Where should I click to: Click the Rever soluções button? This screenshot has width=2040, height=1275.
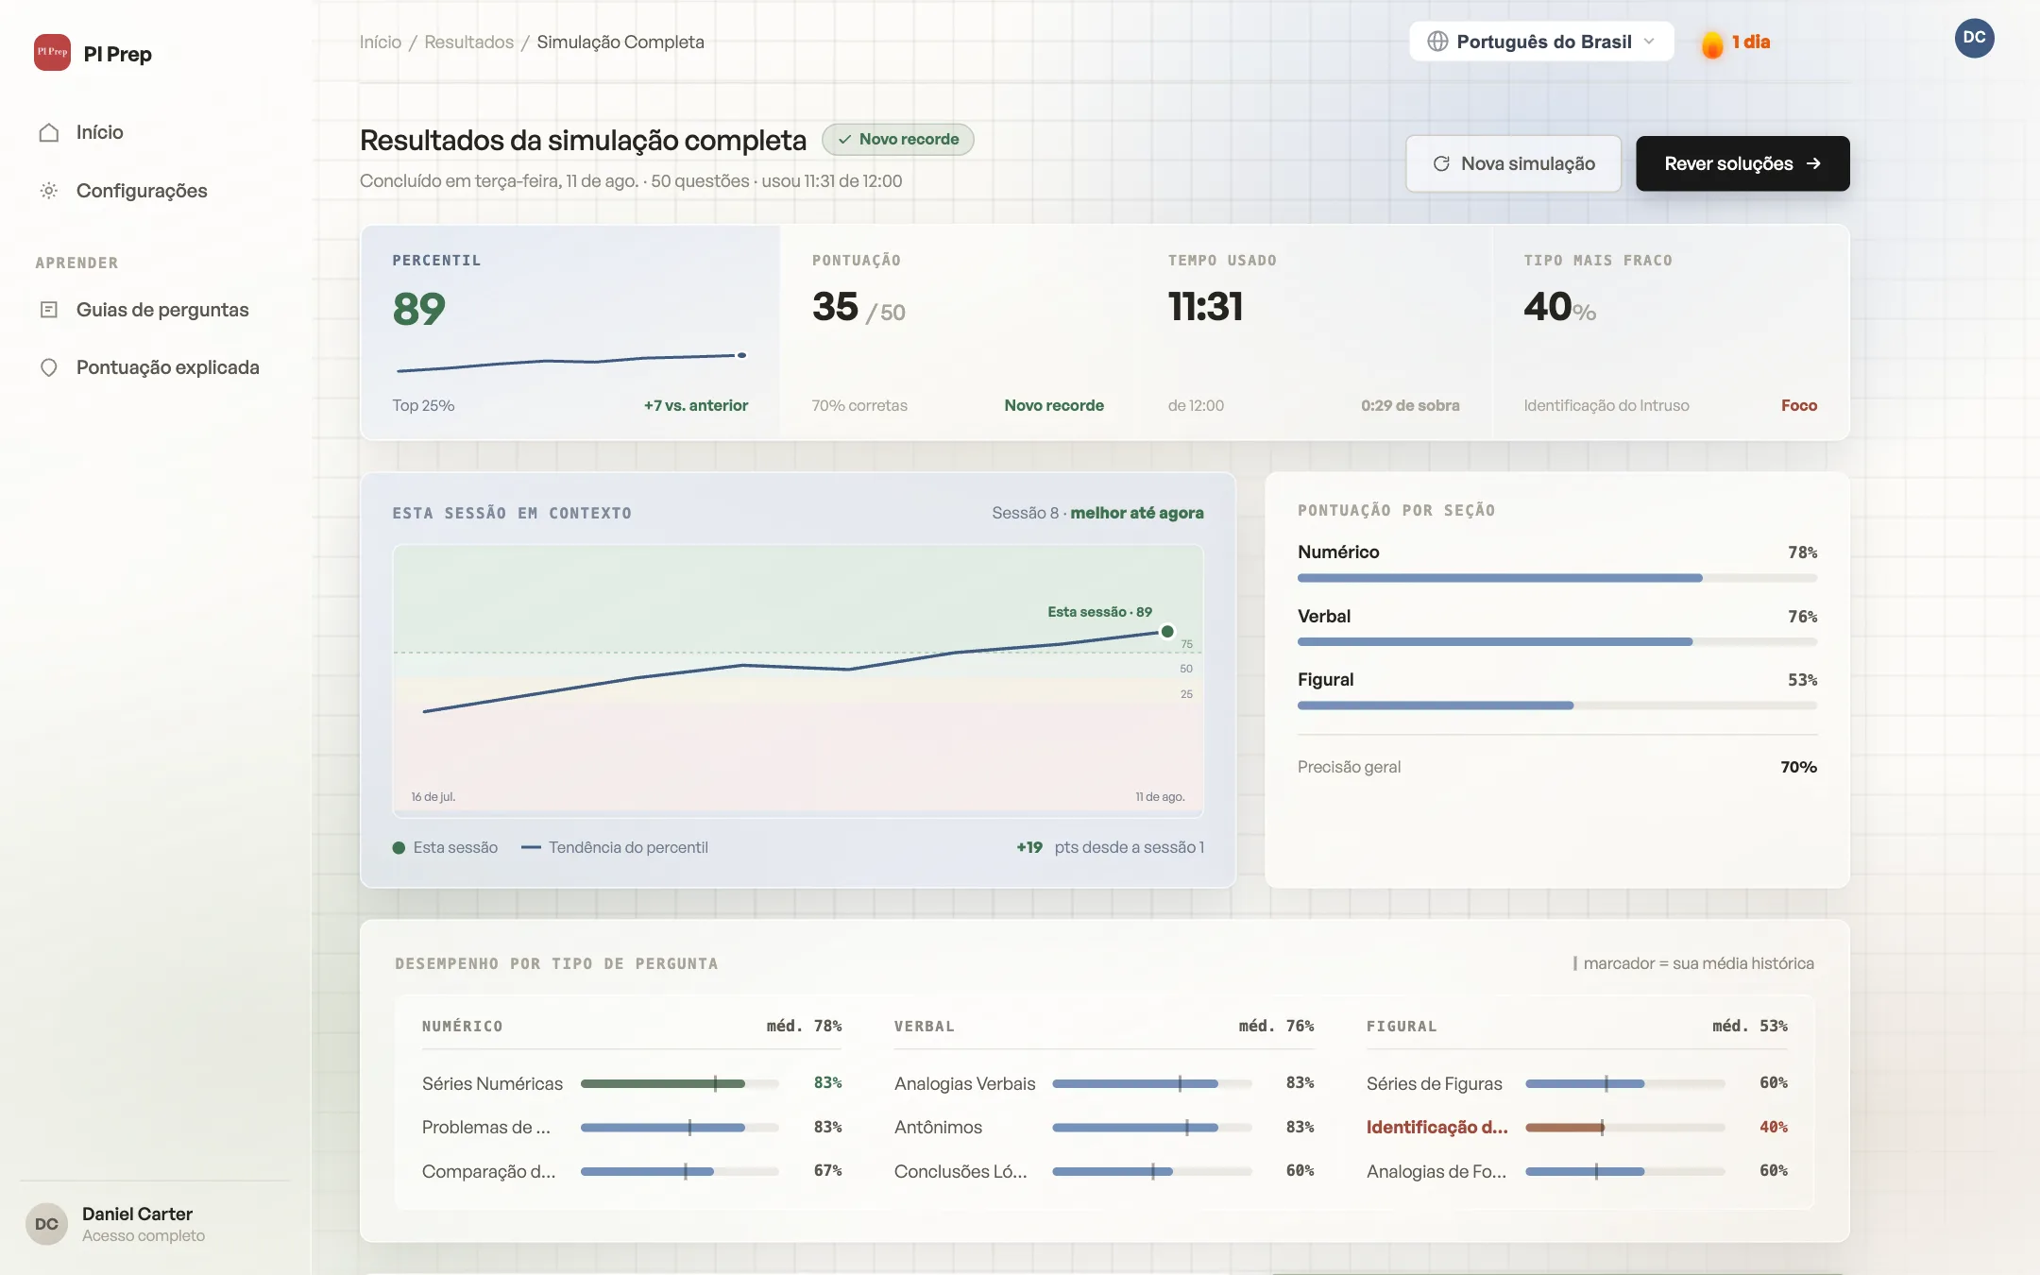1742,163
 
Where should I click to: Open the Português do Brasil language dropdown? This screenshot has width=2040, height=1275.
1541,42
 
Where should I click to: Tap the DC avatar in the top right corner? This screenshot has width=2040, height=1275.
1974,38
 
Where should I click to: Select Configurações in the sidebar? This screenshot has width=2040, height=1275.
142,191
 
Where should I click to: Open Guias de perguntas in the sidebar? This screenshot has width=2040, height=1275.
162,310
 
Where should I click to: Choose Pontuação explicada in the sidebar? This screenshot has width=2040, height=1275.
167,367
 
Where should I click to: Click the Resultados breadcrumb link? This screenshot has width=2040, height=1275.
469,42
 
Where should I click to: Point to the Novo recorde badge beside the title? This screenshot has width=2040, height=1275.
898,139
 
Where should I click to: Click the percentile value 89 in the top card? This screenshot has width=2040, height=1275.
418,309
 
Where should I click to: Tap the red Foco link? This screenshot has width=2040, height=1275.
1799,405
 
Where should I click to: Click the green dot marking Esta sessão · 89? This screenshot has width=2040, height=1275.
1167,632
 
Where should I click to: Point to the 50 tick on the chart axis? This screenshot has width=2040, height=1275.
1186,669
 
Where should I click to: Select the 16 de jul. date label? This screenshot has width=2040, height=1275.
433,797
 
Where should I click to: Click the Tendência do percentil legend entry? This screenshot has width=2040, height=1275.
615,847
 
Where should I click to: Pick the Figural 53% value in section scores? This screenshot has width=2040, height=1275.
1802,680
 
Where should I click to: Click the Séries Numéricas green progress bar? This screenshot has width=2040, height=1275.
663,1083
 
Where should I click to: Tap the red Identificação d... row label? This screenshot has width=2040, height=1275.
1437,1127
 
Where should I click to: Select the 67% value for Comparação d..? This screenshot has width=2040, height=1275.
828,1171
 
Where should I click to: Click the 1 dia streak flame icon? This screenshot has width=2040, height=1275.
1711,44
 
